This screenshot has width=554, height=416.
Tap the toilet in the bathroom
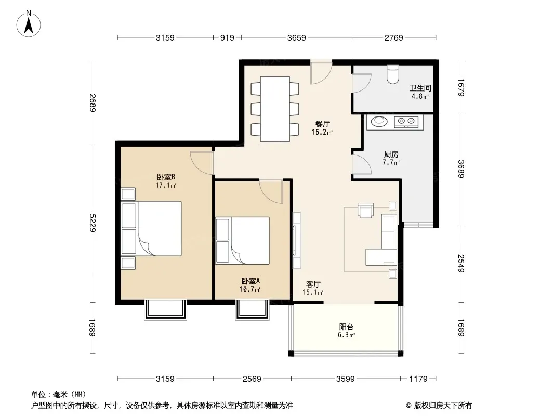click(x=392, y=74)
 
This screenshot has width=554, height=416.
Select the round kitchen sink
click(x=379, y=122)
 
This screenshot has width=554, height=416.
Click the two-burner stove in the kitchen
click(x=406, y=122)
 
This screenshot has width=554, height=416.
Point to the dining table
click(x=275, y=109)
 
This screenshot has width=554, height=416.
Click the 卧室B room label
click(x=166, y=177)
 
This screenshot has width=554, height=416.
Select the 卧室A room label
click(x=250, y=281)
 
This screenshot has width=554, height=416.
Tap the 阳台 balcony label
click(x=346, y=327)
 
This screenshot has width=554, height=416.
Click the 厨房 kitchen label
click(x=391, y=154)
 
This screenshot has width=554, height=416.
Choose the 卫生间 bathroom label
click(x=420, y=88)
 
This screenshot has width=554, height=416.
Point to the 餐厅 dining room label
click(x=322, y=124)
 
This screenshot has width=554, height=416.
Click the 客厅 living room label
click(x=313, y=284)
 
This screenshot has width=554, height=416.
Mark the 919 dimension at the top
click(x=227, y=37)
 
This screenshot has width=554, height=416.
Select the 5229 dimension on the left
click(x=93, y=223)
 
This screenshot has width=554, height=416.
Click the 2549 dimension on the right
click(x=461, y=263)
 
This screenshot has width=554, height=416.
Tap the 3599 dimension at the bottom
click(x=345, y=379)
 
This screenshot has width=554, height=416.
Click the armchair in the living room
click(x=366, y=210)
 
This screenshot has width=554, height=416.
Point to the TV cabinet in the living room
click(x=297, y=240)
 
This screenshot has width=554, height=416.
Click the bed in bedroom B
click(x=151, y=229)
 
